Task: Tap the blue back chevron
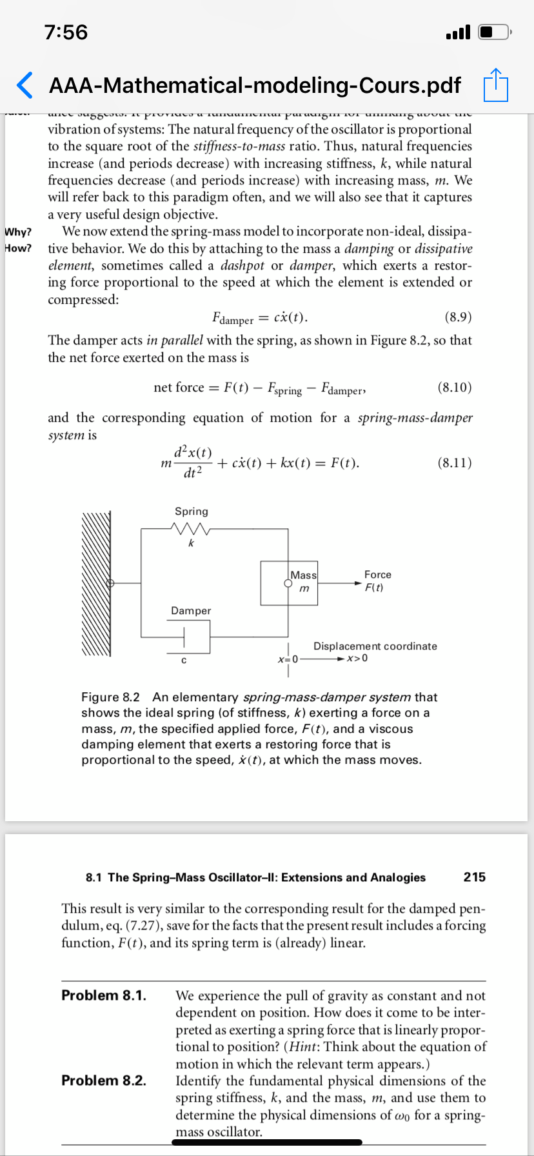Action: coord(24,85)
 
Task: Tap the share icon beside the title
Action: coord(496,85)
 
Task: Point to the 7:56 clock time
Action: coord(66,32)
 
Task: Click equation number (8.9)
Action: coord(458,317)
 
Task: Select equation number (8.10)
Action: coord(455,387)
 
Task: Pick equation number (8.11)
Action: coord(455,463)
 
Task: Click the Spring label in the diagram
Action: coord(192,512)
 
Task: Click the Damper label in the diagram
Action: coord(191,611)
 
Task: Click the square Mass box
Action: coord(289,583)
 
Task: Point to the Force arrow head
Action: coord(359,583)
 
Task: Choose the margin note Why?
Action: coord(18,232)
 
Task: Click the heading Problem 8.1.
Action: coord(104,995)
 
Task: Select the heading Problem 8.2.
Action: coord(104,1081)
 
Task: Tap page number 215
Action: coord(475,877)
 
